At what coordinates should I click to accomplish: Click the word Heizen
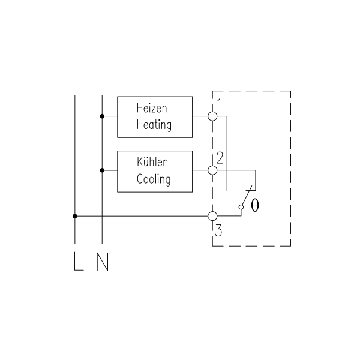pyautogui.click(x=152, y=108)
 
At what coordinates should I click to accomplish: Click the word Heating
pyautogui.click(x=154, y=125)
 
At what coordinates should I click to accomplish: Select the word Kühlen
pyautogui.click(x=152, y=161)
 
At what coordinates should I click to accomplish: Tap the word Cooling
pyautogui.click(x=154, y=179)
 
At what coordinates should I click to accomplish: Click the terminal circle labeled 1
pyautogui.click(x=212, y=116)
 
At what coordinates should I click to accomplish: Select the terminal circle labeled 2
pyautogui.click(x=212, y=170)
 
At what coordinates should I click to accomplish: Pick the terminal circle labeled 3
pyautogui.click(x=212, y=216)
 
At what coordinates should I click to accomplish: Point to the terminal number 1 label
pyautogui.click(x=220, y=104)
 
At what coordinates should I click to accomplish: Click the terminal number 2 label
pyautogui.click(x=220, y=158)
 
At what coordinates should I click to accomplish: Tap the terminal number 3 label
pyautogui.click(x=218, y=230)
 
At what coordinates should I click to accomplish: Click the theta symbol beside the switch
pyautogui.click(x=255, y=205)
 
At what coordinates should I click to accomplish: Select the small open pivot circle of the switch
pyautogui.click(x=241, y=207)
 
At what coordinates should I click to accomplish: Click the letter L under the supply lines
pyautogui.click(x=79, y=262)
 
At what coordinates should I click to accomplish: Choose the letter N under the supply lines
pyautogui.click(x=103, y=262)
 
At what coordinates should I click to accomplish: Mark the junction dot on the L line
pyautogui.click(x=75, y=216)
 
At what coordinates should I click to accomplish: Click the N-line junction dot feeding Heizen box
pyautogui.click(x=102, y=116)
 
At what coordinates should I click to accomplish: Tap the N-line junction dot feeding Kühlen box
pyautogui.click(x=102, y=170)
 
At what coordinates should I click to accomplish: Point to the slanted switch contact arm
pyautogui.click(x=247, y=196)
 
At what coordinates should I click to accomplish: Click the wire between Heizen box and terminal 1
pyautogui.click(x=200, y=116)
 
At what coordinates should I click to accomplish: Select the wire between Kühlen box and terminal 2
pyautogui.click(x=200, y=170)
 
